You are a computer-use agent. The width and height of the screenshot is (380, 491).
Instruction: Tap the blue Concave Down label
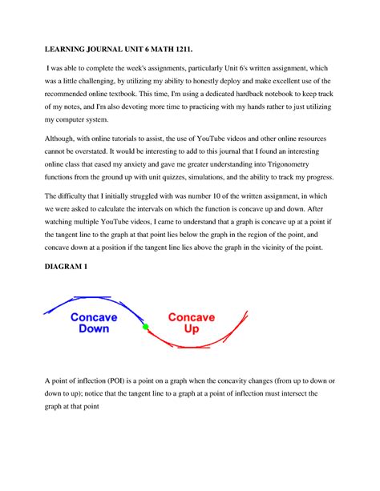pos(94,323)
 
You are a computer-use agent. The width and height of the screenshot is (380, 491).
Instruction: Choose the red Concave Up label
pos(191,323)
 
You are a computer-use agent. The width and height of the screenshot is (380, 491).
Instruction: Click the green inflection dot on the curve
pos(145,328)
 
